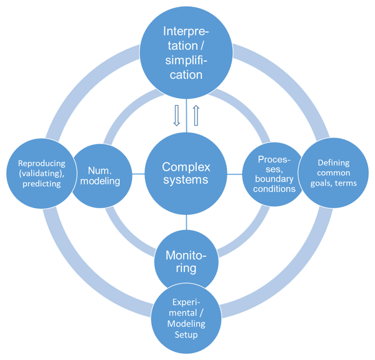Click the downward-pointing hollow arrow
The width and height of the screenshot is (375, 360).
(176, 116)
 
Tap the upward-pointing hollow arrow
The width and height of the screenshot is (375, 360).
(195, 116)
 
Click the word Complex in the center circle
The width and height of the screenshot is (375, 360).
(186, 167)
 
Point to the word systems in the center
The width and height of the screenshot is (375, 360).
(186, 182)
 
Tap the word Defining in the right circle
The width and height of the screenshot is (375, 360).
(334, 162)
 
